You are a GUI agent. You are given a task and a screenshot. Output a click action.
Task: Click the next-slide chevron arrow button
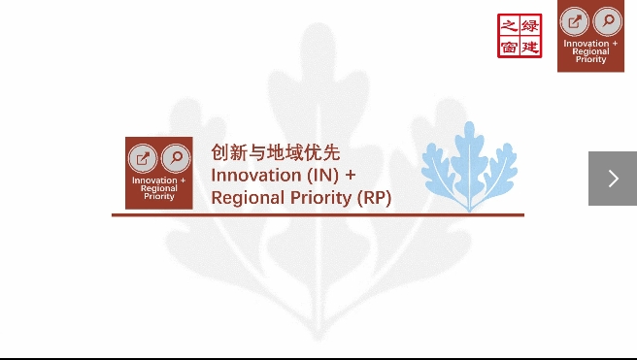coord(613,179)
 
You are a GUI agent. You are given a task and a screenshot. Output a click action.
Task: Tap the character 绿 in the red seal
coord(530,24)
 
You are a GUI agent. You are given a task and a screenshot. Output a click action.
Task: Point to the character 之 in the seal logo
coord(509,24)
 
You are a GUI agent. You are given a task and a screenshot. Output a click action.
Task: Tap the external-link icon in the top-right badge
coord(575,21)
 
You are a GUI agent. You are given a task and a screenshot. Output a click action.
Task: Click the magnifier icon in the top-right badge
coord(607,21)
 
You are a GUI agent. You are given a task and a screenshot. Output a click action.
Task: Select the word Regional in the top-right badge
coord(590,51)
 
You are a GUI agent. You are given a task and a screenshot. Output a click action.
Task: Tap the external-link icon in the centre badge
coord(143,158)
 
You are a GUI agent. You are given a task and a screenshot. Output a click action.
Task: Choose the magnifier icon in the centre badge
coord(175,158)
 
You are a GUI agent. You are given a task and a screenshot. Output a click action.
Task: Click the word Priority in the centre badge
coord(159,196)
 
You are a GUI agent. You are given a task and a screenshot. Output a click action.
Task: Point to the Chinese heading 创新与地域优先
coord(276,153)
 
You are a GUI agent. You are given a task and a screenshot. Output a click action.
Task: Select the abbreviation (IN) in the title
coord(324,176)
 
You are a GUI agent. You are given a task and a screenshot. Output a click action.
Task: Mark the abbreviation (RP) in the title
coord(374,198)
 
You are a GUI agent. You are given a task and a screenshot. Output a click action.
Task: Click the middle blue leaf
coord(471,160)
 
